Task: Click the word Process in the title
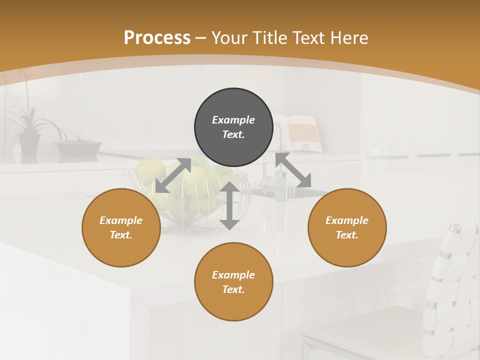pyautogui.click(x=157, y=38)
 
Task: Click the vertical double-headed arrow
pyautogui.click(x=229, y=205)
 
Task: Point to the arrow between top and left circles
pyautogui.click(x=173, y=175)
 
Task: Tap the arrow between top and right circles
pyautogui.click(x=293, y=170)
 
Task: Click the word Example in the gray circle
pyautogui.click(x=233, y=120)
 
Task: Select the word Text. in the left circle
pyautogui.click(x=121, y=235)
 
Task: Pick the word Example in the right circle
pyautogui.click(x=347, y=220)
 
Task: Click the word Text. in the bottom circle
pyautogui.click(x=233, y=289)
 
